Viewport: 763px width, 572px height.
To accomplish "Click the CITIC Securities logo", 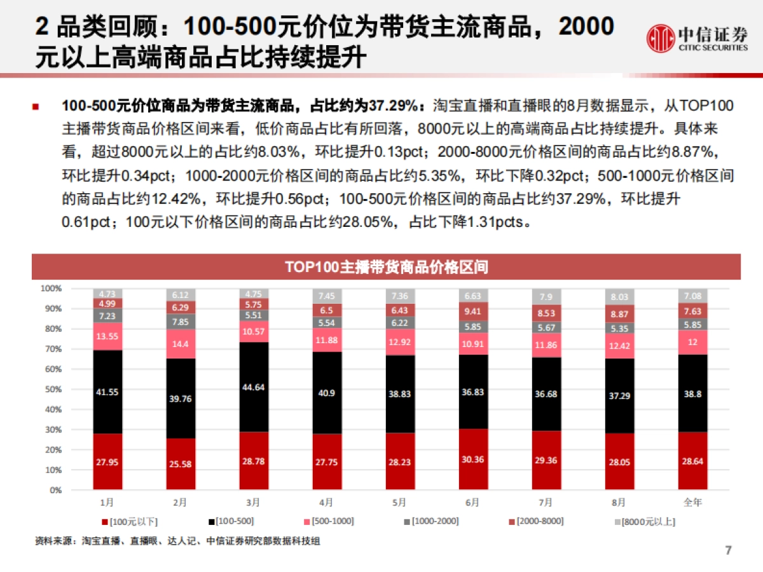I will point(697,39).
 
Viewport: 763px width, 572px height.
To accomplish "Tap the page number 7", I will point(729,550).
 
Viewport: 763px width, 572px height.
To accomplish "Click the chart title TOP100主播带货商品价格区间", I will point(386,267).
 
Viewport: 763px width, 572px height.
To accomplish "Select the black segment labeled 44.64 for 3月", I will point(253,387).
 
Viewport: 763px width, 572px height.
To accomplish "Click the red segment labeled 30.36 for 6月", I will point(472,460).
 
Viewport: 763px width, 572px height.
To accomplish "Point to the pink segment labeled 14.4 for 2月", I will point(180,343).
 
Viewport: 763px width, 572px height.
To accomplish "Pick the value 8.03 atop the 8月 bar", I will point(619,297).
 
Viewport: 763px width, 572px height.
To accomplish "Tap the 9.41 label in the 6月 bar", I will point(472,311).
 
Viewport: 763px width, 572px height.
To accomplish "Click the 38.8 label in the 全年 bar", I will point(692,393).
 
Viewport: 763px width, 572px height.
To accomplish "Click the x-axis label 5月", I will point(399,502).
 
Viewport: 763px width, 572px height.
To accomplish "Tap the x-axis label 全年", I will point(692,502).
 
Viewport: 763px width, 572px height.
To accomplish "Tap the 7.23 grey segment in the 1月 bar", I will point(107,315).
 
